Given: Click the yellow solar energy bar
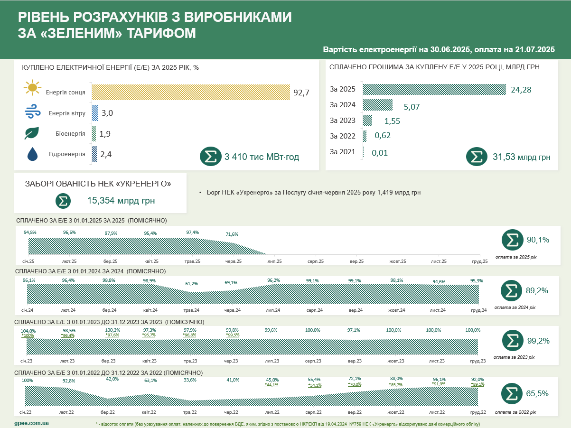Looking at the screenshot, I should coord(190,92).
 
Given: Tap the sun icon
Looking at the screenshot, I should coord(32,88).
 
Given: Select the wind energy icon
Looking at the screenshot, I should coord(32,113).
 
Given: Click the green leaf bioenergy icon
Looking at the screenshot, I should coord(32,133).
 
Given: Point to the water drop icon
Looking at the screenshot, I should coord(32,154).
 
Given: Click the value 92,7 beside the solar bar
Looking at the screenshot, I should coord(301,93).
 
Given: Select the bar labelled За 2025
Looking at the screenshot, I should coord(434,89).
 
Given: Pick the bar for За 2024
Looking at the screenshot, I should coord(378,104).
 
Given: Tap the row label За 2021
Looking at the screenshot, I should coord(342,152).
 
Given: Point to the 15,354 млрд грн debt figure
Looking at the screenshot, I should coord(121,201).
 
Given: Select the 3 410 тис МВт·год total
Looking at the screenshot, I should coord(262,157).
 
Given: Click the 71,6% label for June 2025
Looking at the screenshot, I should coord(232,234).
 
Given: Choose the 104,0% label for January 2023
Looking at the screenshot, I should coord(28,331).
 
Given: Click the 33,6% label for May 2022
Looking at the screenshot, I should coord(190,380).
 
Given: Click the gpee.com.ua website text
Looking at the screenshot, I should coord(32,422).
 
